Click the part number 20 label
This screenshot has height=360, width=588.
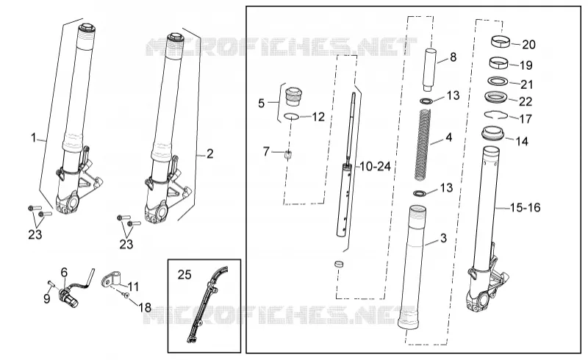(528, 45)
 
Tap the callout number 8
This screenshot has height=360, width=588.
(453, 57)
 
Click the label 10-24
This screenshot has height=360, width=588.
(376, 166)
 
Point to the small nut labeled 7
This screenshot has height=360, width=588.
(287, 154)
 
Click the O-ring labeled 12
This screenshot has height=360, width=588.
(291, 117)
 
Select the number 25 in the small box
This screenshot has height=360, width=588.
(184, 275)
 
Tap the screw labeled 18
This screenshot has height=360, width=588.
(126, 296)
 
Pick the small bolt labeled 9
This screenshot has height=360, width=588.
(51, 284)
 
